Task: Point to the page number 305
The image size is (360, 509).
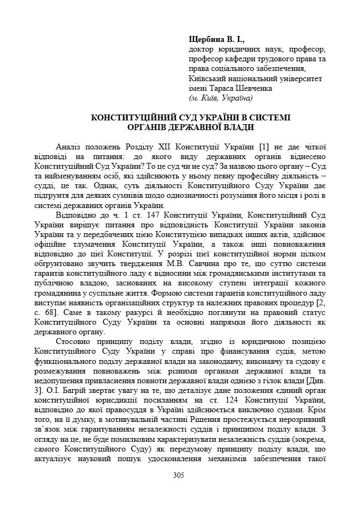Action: click(x=179, y=475)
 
